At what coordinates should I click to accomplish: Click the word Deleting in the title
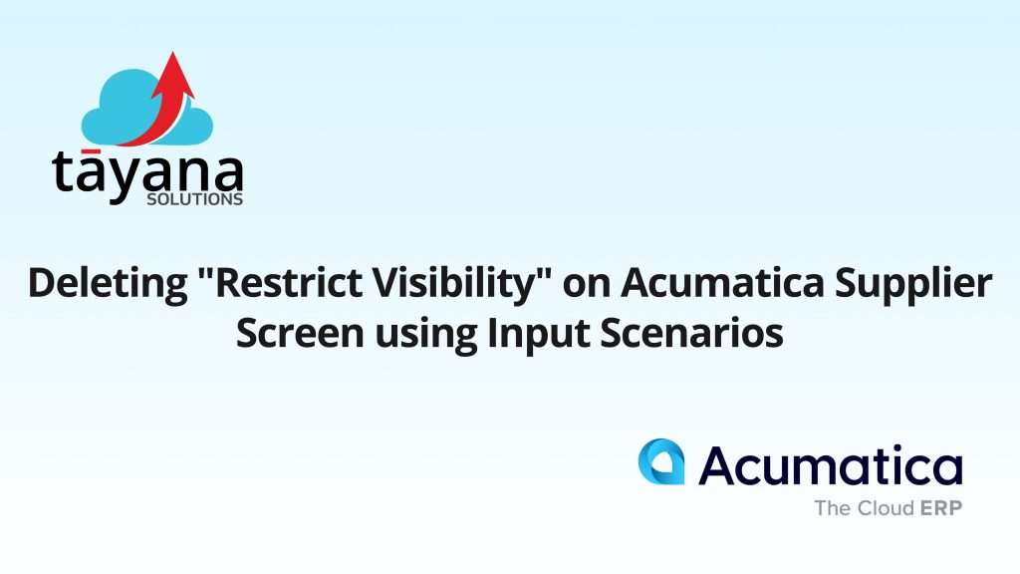pyautogui.click(x=108, y=284)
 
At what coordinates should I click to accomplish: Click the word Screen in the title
pyautogui.click(x=300, y=333)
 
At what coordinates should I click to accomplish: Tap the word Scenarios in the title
pyautogui.click(x=691, y=333)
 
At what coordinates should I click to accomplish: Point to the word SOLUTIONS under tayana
pyautogui.click(x=194, y=199)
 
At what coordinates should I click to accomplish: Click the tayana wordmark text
pyautogui.click(x=147, y=175)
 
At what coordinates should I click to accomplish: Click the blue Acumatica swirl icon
pyautogui.click(x=661, y=461)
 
